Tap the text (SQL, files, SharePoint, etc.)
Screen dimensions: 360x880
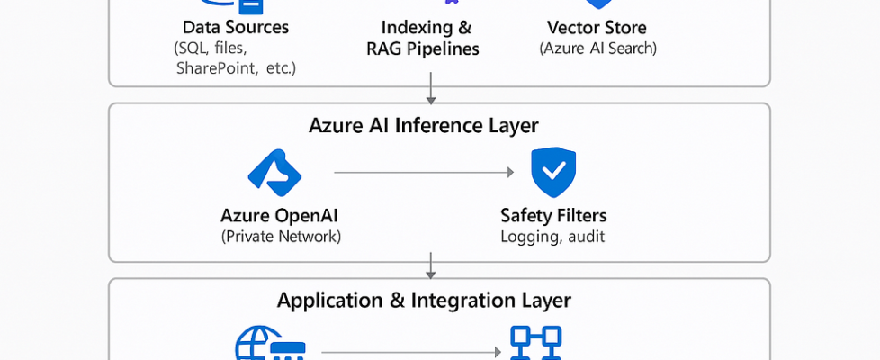(x=236, y=58)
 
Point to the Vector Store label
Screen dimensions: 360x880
(x=596, y=28)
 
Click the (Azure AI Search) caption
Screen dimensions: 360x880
(x=597, y=49)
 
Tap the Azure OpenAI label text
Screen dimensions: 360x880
(x=281, y=215)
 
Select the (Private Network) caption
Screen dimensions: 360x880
(x=281, y=236)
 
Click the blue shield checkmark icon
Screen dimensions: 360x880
(x=552, y=173)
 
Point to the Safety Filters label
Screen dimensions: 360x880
(x=552, y=215)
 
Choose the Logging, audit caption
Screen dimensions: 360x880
(x=552, y=236)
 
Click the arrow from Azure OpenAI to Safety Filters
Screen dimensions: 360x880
(x=423, y=171)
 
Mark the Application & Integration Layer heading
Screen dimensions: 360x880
(x=424, y=300)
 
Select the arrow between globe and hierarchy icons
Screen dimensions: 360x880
(x=410, y=352)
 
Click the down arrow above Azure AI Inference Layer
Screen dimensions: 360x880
(x=431, y=88)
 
